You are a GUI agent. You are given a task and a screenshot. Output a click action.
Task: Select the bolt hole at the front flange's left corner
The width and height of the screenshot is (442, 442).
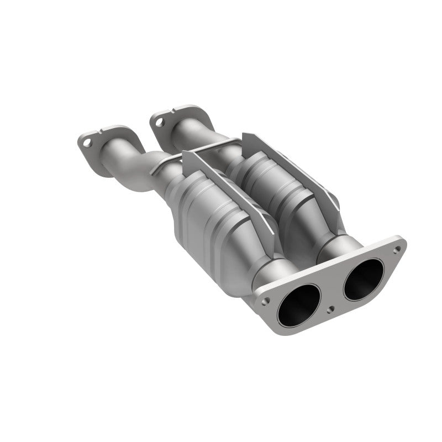tap(266, 301)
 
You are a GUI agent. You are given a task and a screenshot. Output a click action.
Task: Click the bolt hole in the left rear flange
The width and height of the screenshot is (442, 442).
tap(87, 143)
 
